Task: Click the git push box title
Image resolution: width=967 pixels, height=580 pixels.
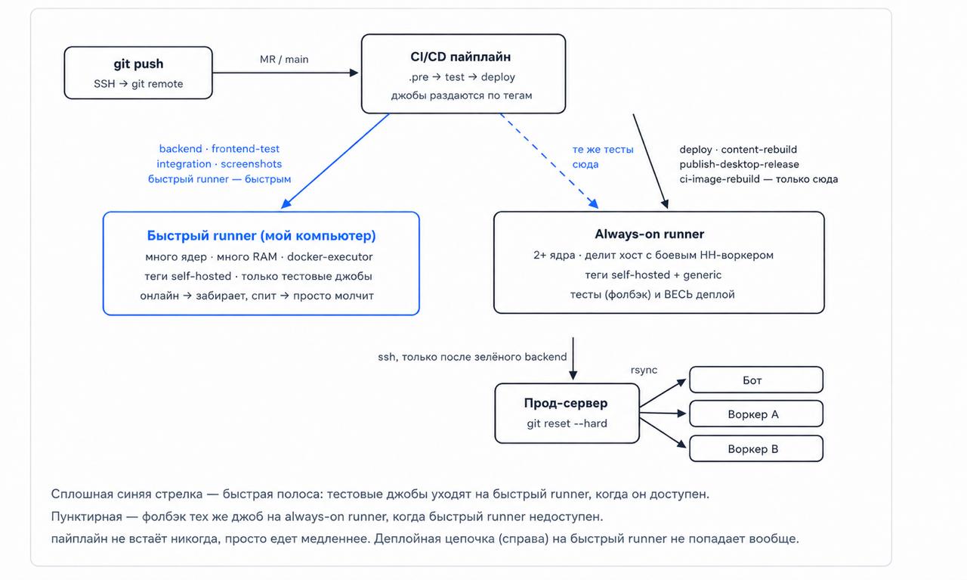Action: (138, 64)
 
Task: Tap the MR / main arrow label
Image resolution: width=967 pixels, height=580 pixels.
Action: (284, 59)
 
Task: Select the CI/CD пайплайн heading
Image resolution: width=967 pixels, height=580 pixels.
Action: (461, 57)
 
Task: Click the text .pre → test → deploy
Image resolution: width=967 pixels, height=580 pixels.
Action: (462, 77)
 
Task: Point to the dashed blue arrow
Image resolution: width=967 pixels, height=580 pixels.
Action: (549, 161)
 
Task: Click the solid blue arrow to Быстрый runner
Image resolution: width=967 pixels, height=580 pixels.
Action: (335, 161)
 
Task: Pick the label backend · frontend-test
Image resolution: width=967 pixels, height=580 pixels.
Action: (219, 149)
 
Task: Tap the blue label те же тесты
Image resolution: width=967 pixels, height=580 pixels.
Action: (603, 150)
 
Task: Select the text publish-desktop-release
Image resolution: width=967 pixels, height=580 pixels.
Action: (739, 164)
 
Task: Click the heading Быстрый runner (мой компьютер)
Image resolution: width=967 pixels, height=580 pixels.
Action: (261, 235)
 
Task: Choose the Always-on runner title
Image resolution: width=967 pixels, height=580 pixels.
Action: (649, 234)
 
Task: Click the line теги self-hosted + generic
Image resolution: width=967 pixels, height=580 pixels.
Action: (653, 274)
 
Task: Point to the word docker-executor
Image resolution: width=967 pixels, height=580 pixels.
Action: (330, 256)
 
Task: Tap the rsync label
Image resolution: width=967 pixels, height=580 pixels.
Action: (644, 370)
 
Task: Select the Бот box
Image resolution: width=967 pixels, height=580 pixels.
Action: (756, 380)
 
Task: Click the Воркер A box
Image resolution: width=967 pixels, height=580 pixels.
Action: (756, 414)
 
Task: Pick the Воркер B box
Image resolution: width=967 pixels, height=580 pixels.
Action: (756, 448)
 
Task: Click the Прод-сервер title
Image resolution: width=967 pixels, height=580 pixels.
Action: (566, 403)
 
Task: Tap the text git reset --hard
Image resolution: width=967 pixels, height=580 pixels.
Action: (567, 423)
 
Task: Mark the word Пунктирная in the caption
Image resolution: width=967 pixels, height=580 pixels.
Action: (87, 516)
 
